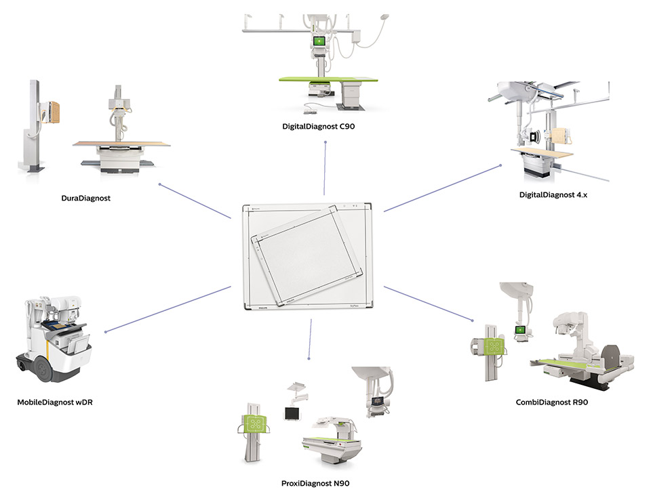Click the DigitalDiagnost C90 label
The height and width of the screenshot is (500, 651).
pos(325,126)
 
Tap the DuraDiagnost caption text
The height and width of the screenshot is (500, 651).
pos(85,199)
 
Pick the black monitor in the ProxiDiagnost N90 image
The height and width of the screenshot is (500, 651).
pos(293,413)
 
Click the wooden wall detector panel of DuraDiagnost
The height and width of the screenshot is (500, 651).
pos(53,110)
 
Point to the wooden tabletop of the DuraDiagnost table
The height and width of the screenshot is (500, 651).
pos(122,143)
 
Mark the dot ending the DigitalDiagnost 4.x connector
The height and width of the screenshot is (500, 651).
pos(500,164)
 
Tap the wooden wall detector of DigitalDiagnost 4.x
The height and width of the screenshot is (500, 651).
pos(561,138)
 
